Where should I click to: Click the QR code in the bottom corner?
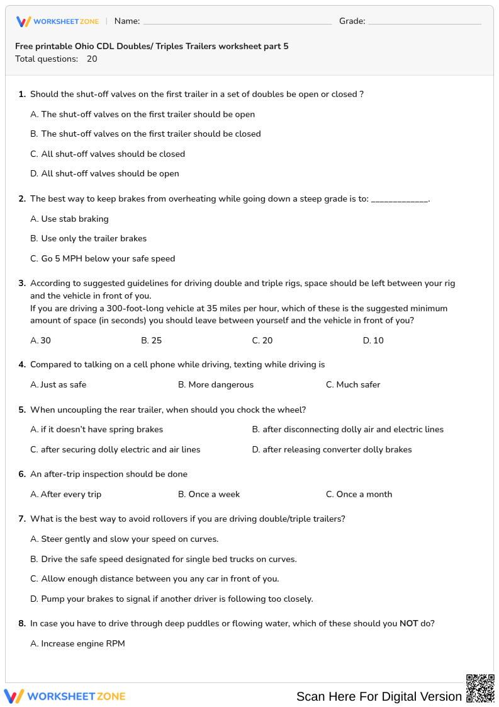point(479,688)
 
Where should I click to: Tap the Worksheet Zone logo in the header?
point(57,21)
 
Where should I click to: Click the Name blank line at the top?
point(237,22)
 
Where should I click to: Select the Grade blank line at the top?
point(424,22)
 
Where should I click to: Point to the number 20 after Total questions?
point(92,59)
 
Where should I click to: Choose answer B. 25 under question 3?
point(151,341)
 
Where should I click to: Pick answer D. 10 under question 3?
point(373,341)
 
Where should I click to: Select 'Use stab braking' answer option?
point(74,219)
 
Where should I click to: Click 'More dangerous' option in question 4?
point(220,385)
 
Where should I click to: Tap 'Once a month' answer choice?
point(364,495)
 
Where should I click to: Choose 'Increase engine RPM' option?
point(82,644)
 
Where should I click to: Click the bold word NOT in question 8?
point(409,624)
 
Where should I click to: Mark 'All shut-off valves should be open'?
point(109,174)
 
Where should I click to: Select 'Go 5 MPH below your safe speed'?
point(108,259)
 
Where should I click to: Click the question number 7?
point(22,519)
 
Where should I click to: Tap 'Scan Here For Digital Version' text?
point(379,696)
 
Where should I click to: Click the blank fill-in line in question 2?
point(400,200)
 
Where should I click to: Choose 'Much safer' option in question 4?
point(358,385)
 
